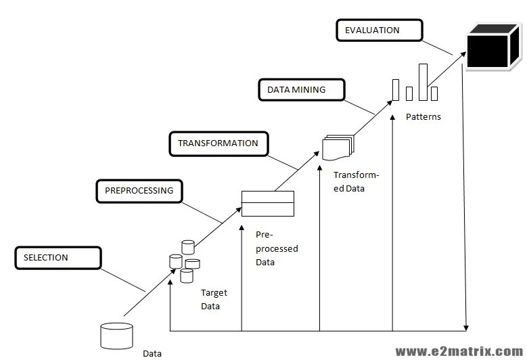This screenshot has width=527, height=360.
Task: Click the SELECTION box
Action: (58, 258)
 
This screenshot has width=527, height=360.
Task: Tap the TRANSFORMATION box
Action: (218, 143)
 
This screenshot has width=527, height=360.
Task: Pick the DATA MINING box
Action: (301, 90)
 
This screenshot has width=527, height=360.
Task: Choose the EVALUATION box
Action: (378, 30)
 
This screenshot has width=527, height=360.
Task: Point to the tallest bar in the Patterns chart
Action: (423, 82)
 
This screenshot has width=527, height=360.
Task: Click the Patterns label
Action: (423, 116)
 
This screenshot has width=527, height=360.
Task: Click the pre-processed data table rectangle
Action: (268, 203)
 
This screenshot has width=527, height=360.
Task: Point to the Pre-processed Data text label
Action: (277, 248)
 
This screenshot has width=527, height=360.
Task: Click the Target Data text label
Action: (214, 299)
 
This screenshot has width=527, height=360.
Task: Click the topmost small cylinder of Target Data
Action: (187, 246)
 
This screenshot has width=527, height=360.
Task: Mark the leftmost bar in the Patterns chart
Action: (395, 89)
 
